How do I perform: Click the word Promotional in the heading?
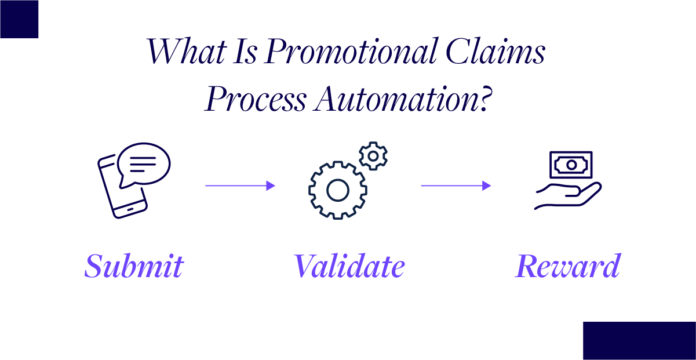[351, 52]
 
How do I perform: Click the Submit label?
[134, 266]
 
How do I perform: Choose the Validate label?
[349, 266]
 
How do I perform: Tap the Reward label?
[567, 266]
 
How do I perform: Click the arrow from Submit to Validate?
[239, 186]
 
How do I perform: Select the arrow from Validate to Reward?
[456, 186]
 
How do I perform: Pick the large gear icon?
[337, 190]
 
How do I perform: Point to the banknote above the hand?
[571, 165]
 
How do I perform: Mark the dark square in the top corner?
[19, 19]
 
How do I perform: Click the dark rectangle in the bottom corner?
[639, 340]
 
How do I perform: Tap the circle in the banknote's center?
[571, 165]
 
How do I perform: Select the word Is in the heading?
[246, 52]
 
